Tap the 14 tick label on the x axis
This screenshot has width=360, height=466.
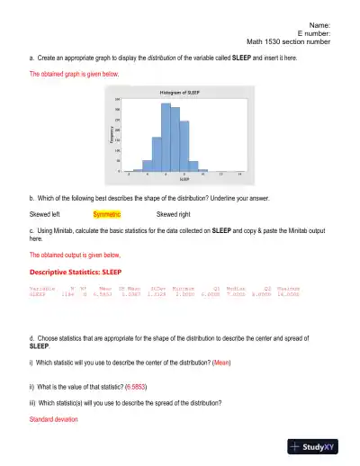tap(238, 173)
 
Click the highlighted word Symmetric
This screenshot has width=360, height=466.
tap(106, 215)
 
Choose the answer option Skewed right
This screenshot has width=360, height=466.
tap(174, 215)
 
